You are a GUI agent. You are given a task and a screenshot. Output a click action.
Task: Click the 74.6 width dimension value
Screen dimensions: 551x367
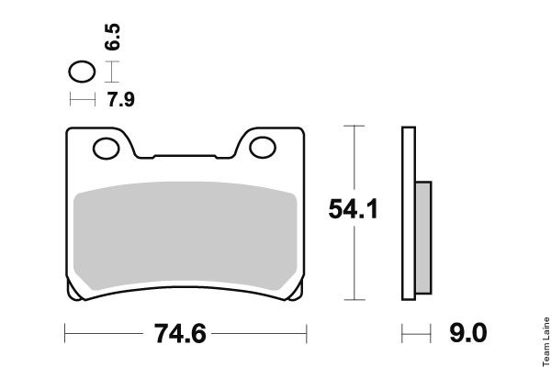pos(180,334)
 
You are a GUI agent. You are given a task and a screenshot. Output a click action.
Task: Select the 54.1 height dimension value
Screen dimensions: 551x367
pos(354,209)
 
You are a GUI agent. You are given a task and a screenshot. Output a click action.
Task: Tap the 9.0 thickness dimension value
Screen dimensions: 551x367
pos(468,332)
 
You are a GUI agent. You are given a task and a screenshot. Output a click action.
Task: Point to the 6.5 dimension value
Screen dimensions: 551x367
pos(112,37)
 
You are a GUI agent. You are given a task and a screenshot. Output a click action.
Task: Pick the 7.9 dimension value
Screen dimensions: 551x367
pos(121,99)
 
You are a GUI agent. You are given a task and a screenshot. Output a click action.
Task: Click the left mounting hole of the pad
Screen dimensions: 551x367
pos(107,149)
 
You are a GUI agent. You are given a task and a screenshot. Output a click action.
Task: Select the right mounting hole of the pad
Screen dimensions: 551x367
pos(263,148)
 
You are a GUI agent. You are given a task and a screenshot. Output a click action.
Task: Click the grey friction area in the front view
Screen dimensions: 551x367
pos(186,235)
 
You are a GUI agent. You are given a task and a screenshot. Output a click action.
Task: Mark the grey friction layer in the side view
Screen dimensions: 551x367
pos(423,238)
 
